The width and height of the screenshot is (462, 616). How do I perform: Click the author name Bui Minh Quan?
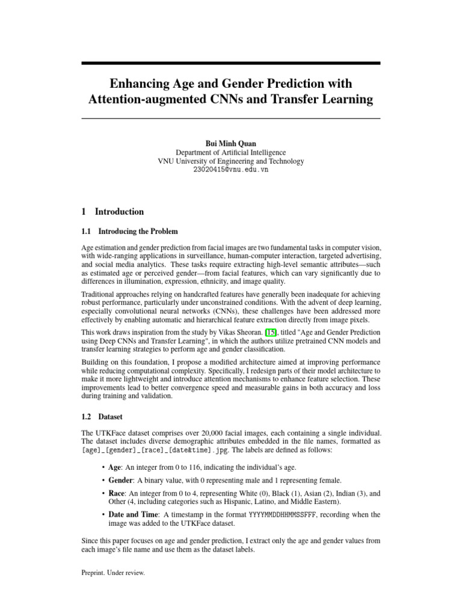(x=230, y=143)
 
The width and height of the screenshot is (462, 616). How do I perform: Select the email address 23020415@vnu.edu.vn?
(x=230, y=170)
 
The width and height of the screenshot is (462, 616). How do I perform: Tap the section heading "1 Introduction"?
(x=112, y=212)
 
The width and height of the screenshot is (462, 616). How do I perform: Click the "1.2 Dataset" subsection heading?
(x=102, y=416)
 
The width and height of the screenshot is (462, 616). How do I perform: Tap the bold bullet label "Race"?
(x=117, y=493)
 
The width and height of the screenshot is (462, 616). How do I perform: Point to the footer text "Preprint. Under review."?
(x=113, y=573)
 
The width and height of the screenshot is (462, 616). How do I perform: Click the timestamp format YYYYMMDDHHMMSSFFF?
(x=283, y=515)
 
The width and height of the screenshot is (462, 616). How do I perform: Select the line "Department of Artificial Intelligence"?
(x=230, y=152)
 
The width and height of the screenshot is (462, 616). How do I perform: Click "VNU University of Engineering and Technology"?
(x=230, y=161)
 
